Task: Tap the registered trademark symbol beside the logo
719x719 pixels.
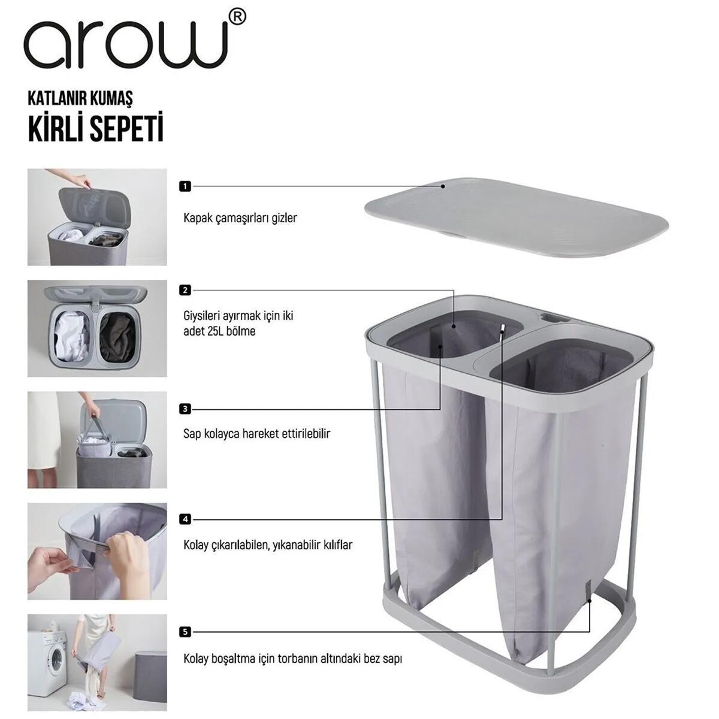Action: (237, 18)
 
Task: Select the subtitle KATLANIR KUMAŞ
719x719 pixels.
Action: (80, 98)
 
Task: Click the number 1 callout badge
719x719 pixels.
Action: (185, 186)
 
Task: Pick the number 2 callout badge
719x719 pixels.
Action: (185, 290)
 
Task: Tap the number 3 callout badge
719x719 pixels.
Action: (185, 409)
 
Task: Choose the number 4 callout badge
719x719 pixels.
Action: (185, 519)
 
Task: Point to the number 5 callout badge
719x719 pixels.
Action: (185, 632)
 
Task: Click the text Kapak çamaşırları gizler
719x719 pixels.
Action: (240, 218)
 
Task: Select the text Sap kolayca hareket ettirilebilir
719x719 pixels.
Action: (256, 433)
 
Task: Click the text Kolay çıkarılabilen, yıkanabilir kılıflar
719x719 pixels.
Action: (268, 545)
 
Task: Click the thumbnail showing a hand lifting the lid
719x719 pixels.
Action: (97, 217)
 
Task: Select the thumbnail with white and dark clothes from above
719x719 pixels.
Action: (97, 328)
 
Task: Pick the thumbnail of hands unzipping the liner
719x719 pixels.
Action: (97, 551)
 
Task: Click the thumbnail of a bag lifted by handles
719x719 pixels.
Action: (97, 440)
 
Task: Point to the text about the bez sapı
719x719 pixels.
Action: (292, 658)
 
